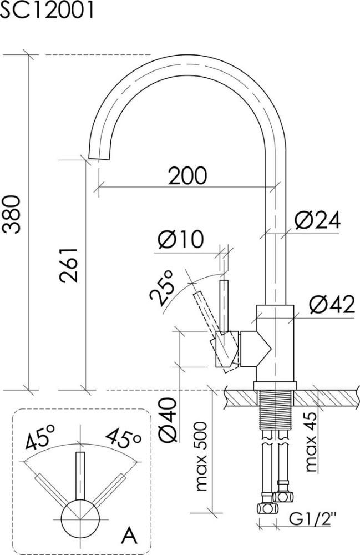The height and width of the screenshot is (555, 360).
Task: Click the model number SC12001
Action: (47, 9)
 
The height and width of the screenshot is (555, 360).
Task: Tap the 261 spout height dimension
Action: (68, 265)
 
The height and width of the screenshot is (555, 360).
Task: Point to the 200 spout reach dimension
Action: (187, 175)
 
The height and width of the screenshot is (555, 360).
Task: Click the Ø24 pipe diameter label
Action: (317, 220)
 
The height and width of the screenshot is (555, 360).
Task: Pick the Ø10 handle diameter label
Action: (181, 239)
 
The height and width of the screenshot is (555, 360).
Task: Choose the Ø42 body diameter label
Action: (332, 304)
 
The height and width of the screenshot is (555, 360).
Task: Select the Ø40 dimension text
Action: (168, 420)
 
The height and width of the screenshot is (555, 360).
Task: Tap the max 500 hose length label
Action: (201, 456)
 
